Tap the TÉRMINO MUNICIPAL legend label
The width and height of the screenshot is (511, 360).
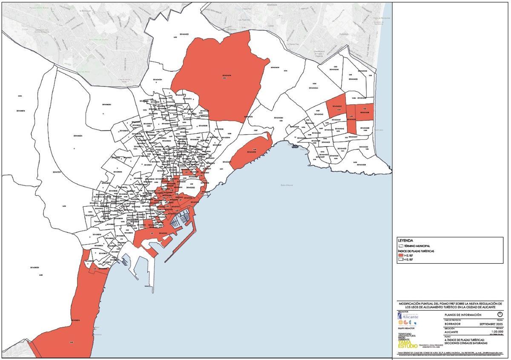pyautogui.click(x=417, y=246)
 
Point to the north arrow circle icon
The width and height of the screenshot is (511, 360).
pyautogui.click(x=500, y=314)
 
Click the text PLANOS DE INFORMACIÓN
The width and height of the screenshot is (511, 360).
pyautogui.click(x=462, y=315)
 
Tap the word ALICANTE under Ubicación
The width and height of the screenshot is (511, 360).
pyautogui.click(x=452, y=331)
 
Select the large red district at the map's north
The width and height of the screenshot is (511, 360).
pyautogui.click(x=221, y=77)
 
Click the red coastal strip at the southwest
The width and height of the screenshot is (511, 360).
pyautogui.click(x=81, y=307)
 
